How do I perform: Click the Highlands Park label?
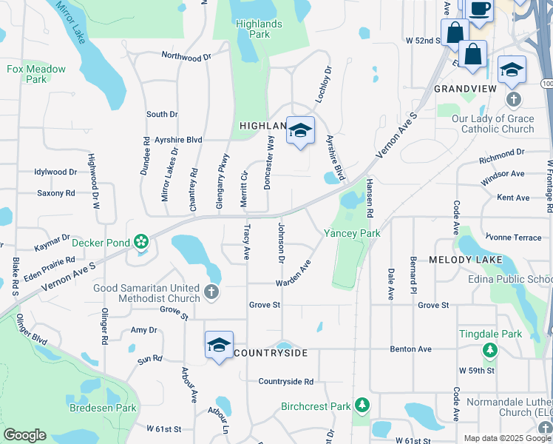coord(258,29)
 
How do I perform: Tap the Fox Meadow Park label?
coord(36,74)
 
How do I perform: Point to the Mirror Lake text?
coord(72,21)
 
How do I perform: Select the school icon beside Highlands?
coord(300,131)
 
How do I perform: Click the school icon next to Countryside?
coord(219,346)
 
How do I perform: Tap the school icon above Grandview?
coord(512,70)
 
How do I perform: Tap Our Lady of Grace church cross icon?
coord(513,99)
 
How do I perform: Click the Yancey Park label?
coord(352,233)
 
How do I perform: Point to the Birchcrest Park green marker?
coord(362,406)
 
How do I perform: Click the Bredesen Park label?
coord(103,408)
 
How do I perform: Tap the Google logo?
coord(24,435)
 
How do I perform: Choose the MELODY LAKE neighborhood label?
coord(466,260)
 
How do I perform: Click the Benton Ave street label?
coord(410,349)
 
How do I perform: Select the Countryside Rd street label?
coord(286,382)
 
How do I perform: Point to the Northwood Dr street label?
coord(186,55)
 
